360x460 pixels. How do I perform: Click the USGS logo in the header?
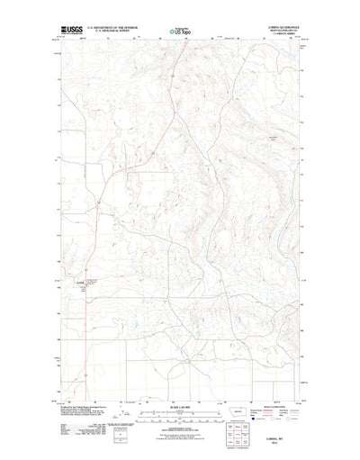(69, 31)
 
